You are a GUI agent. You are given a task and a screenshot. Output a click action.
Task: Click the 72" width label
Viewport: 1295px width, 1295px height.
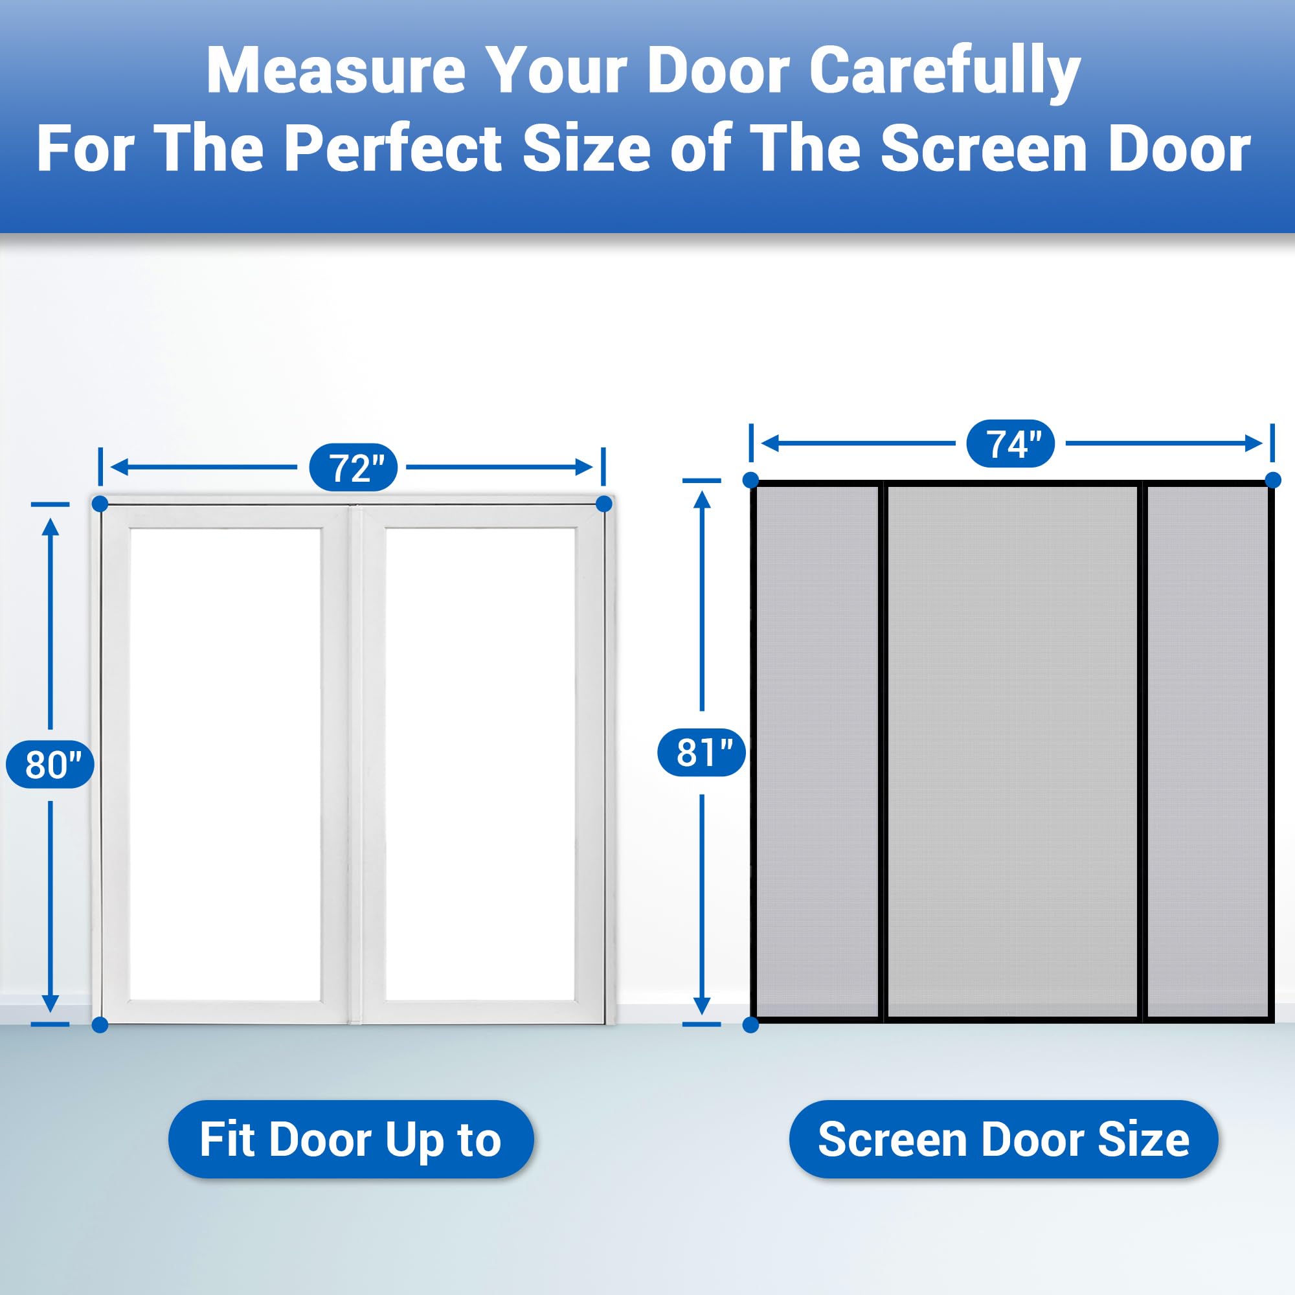[353, 467]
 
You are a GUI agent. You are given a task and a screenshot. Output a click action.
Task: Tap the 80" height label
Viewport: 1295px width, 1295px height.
[51, 764]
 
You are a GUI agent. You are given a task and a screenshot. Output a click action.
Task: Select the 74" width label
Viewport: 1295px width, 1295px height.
[1010, 443]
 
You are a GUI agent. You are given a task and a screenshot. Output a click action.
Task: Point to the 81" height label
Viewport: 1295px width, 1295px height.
[701, 752]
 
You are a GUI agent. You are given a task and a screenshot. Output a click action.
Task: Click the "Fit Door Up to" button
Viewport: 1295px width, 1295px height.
[350, 1140]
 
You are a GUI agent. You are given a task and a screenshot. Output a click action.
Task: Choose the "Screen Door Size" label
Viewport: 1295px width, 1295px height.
[1004, 1140]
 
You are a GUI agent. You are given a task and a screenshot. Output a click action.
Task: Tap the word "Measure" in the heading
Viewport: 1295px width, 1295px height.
[336, 71]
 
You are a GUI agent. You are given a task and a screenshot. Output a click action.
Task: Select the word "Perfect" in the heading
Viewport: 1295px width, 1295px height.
[393, 148]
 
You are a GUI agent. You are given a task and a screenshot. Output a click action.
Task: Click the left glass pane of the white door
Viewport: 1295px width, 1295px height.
[225, 764]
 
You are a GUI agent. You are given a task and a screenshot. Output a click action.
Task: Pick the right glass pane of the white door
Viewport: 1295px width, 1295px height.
[480, 764]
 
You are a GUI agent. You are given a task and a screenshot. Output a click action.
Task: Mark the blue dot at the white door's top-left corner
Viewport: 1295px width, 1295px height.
[100, 503]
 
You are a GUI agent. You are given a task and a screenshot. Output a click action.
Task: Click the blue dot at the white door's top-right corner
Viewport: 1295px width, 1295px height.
[604, 503]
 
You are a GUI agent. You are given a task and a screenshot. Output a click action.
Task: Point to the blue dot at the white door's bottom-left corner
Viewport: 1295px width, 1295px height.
[100, 1024]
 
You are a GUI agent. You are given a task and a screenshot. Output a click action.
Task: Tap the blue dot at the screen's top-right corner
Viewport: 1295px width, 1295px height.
[1273, 480]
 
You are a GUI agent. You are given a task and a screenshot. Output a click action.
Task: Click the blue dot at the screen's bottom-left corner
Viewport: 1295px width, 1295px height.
[750, 1024]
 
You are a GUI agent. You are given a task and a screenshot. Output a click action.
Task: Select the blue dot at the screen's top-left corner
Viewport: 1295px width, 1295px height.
[750, 480]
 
